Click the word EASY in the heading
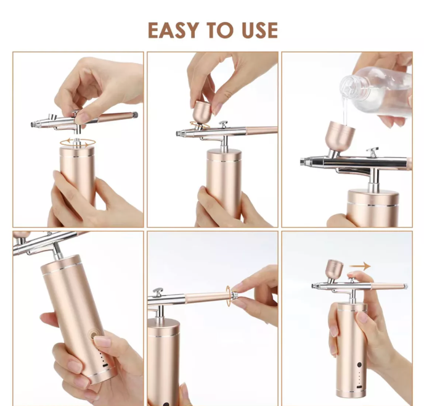[173, 30]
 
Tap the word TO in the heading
[220, 30]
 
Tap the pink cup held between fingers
[203, 112]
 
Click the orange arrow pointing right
[360, 266]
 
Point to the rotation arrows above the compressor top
[78, 143]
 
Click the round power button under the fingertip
[94, 334]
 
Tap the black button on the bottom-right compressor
[359, 365]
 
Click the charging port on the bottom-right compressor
[359, 387]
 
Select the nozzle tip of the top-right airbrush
[303, 162]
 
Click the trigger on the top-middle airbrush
[223, 125]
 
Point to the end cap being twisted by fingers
[234, 295]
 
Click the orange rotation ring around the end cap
[228, 296]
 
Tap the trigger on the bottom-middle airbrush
[158, 292]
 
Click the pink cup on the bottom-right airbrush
[334, 269]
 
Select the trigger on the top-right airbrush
[372, 152]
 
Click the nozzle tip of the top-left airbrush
[33, 125]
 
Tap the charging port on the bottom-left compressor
[105, 365]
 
